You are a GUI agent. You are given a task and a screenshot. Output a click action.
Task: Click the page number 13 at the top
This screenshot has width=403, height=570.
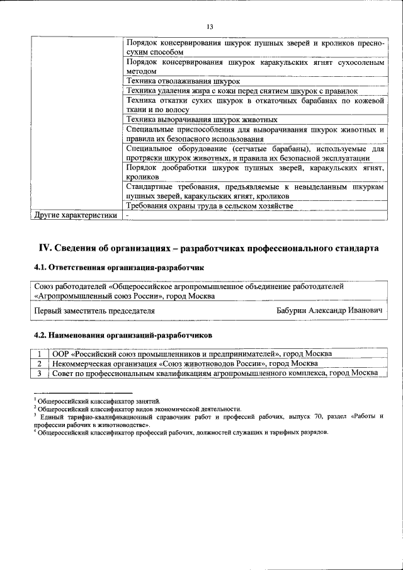[x=210, y=26]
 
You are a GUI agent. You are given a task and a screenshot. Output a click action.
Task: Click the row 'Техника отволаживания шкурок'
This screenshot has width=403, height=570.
[x=183, y=81]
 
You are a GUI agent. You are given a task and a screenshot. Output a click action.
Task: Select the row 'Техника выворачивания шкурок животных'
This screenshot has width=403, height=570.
[x=201, y=119]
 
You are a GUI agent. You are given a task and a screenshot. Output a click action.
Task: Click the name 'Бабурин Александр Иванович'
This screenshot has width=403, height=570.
[x=330, y=311]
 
